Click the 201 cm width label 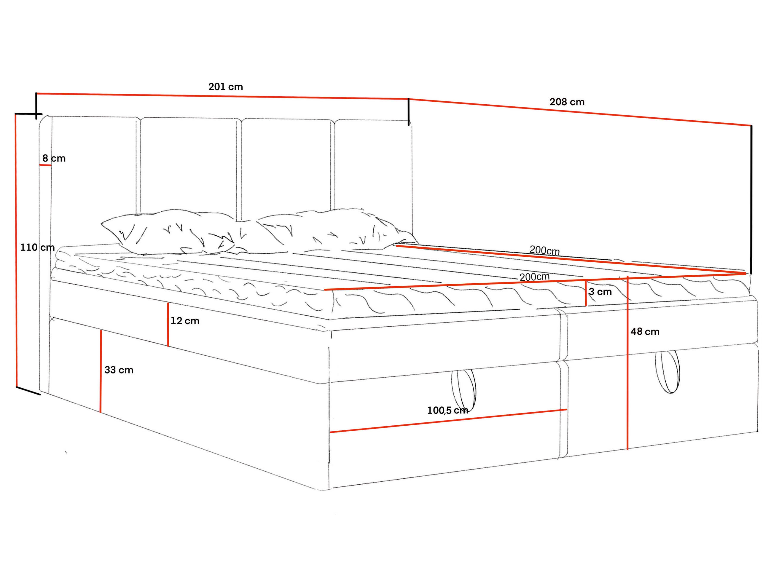pyautogui.click(x=225, y=87)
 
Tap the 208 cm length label pyautogui.click(x=567, y=102)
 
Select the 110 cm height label pyautogui.click(x=37, y=248)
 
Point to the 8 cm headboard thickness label pyautogui.click(x=54, y=159)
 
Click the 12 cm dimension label pyautogui.click(x=185, y=321)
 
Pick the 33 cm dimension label pyautogui.click(x=119, y=370)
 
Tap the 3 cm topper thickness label pyautogui.click(x=600, y=292)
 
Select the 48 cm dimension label pyautogui.click(x=645, y=332)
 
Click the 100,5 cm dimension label pyautogui.click(x=447, y=411)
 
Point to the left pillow pyautogui.click(x=167, y=232)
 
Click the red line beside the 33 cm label pyautogui.click(x=101, y=371)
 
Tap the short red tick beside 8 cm pyautogui.click(x=45, y=165)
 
